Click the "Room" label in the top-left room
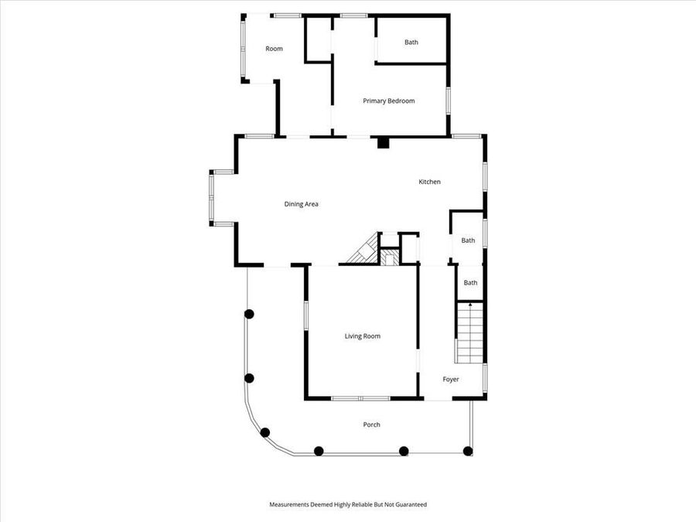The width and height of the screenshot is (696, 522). coord(274,49)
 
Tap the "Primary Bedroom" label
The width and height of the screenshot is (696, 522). coord(389,101)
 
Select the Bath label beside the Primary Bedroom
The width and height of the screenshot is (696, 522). coord(411,43)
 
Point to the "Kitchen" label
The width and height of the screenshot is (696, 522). coord(429,182)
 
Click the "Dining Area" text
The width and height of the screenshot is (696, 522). coord(302,204)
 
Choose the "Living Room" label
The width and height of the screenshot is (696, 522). coord(362,336)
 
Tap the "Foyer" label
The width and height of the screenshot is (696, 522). coord(451,380)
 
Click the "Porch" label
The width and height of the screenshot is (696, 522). coord(371,425)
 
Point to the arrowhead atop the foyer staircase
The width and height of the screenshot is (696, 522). coord(470,305)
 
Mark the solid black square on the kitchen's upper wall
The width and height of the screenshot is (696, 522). coord(382,142)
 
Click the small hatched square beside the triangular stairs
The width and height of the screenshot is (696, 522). coord(390,257)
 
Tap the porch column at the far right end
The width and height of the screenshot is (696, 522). coord(467,450)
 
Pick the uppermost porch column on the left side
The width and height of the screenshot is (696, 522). coord(249,314)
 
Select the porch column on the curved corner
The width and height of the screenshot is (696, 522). coord(265,432)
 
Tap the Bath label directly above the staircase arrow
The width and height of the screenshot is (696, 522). coord(470,283)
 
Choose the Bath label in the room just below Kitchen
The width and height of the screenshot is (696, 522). coord(468,241)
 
